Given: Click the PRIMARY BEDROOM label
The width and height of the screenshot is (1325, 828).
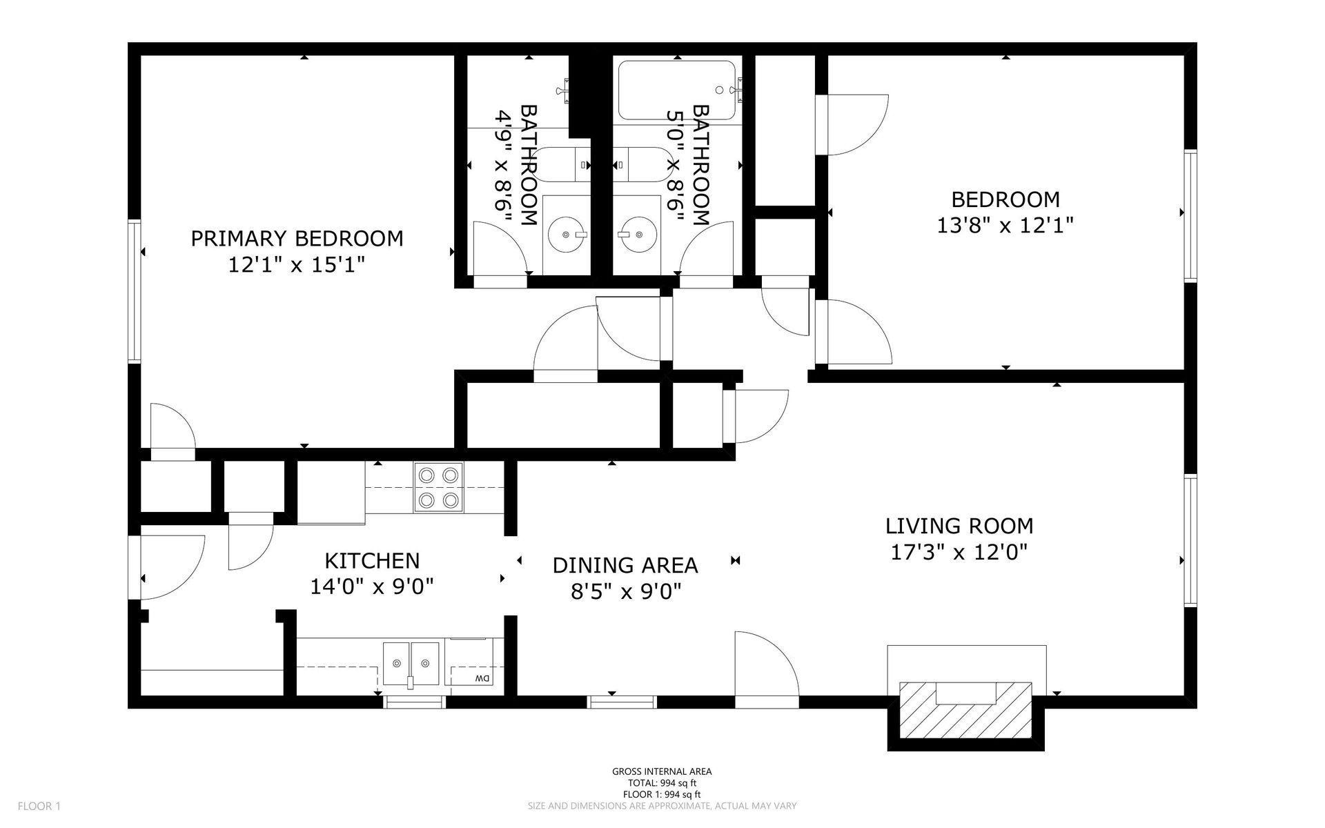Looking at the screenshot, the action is tap(297, 239).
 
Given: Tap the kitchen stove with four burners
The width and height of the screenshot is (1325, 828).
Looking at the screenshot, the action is tap(439, 487).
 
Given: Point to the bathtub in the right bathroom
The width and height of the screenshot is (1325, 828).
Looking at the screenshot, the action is tap(677, 90).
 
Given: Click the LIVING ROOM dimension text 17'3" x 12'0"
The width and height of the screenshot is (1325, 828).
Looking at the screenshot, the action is tap(959, 552).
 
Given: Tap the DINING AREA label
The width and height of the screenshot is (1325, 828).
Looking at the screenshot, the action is tap(625, 566).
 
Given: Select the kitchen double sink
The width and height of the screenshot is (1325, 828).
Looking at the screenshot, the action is tap(411, 664).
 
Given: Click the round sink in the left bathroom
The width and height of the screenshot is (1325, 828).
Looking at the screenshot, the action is tap(567, 234).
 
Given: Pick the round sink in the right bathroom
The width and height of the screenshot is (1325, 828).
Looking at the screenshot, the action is tap(637, 234).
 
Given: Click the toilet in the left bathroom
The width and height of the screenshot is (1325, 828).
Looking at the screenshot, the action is tap(562, 164).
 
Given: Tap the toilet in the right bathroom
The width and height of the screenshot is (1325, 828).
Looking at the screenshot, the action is tap(642, 164).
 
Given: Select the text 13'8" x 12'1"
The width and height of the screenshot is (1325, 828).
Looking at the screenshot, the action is tap(1005, 226).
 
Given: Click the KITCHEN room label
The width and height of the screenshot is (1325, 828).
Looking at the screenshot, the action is tap(372, 560).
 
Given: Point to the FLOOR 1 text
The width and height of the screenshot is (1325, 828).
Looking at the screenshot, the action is tap(39, 806).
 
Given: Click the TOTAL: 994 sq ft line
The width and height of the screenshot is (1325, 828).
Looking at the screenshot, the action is tap(662, 783).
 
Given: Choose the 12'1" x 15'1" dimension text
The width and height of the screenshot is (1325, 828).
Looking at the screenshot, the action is tap(297, 265).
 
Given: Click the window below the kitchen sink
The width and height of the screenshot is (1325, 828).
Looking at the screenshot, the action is tap(414, 702).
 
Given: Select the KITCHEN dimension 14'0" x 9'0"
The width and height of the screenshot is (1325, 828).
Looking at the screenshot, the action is tap(372, 586).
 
